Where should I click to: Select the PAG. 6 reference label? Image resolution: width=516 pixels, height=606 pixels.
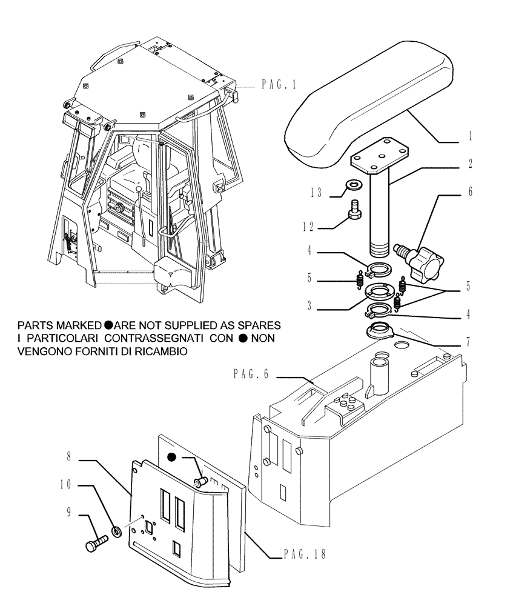pyautogui.click(x=251, y=375)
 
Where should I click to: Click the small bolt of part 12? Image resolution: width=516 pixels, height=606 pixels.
pyautogui.click(x=354, y=212)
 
